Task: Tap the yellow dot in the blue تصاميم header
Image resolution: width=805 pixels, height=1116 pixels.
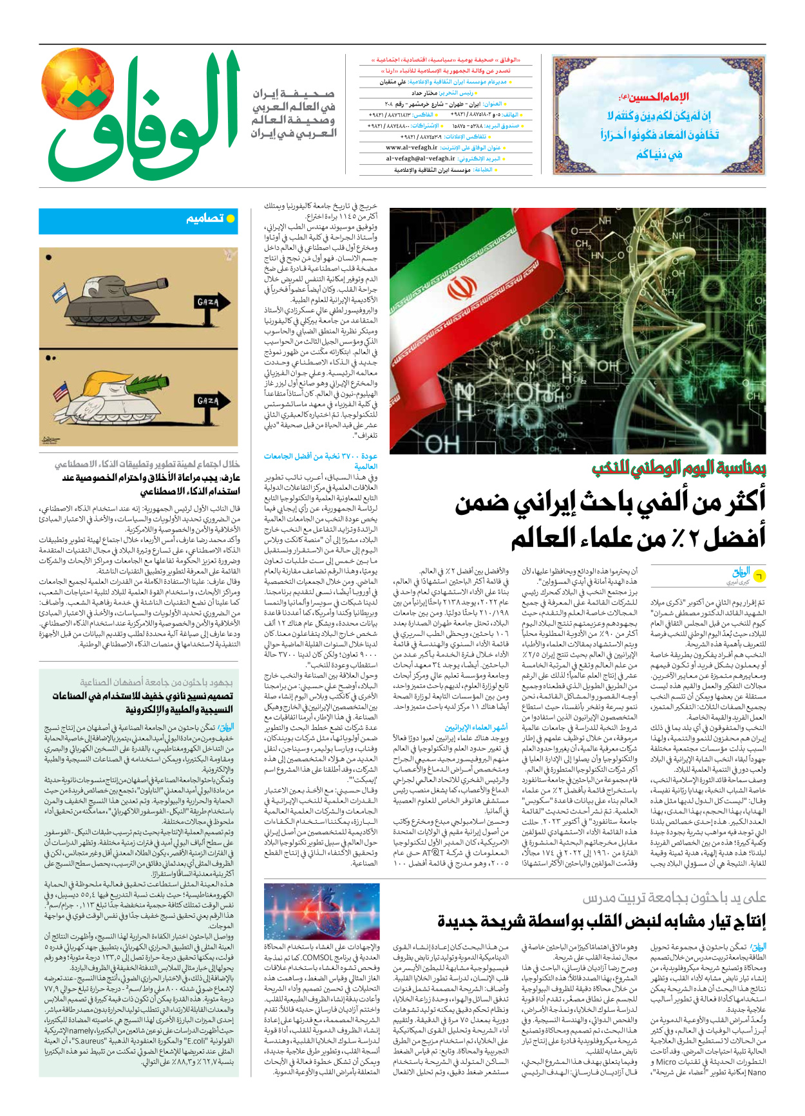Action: point(231,219)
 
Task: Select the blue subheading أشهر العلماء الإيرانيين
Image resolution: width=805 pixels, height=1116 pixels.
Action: point(476,727)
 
